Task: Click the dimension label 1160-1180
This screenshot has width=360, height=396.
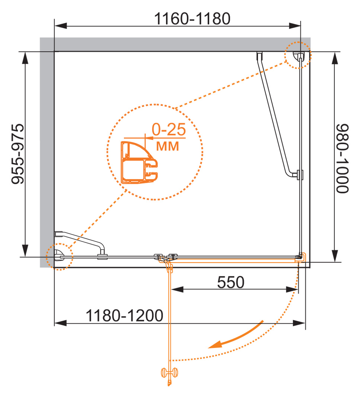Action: [192, 19]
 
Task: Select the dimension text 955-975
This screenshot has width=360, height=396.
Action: [18, 154]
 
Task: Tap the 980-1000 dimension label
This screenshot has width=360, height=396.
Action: [343, 159]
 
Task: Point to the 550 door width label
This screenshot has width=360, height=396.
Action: [231, 282]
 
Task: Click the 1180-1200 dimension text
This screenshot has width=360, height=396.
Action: [124, 316]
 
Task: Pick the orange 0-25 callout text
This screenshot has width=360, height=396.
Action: [169, 129]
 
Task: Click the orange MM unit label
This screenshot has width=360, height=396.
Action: [168, 146]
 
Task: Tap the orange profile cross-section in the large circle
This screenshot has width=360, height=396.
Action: [139, 162]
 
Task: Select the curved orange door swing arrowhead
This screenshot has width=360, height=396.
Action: [214, 345]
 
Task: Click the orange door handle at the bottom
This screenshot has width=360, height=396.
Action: [169, 374]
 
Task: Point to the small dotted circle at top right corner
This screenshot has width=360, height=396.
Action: [298, 55]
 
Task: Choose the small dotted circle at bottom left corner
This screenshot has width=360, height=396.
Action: [60, 257]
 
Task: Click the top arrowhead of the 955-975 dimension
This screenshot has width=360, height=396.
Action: [25, 58]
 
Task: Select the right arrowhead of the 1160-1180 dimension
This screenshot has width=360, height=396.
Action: [294, 26]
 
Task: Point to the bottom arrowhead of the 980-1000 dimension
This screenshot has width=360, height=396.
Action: [335, 256]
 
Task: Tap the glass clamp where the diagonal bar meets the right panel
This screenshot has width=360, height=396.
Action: [300, 175]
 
